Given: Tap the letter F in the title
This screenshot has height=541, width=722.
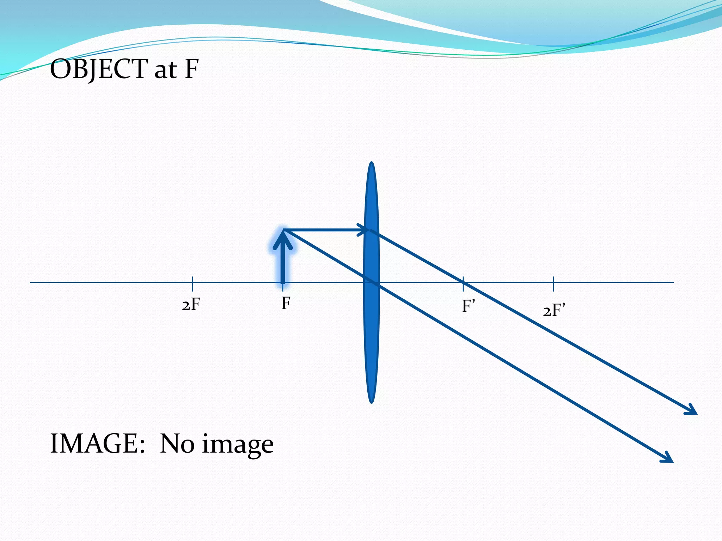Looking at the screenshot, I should (x=191, y=69).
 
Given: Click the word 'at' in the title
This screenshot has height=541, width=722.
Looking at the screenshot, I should (x=165, y=70).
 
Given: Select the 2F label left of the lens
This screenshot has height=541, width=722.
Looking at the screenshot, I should (x=191, y=304).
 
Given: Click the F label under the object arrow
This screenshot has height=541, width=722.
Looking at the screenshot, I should (x=286, y=303).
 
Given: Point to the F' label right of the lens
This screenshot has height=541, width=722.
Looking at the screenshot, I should (x=469, y=306).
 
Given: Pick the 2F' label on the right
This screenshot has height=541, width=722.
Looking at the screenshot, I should (x=554, y=311).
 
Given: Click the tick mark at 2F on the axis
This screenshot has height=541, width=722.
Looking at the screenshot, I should (x=192, y=284).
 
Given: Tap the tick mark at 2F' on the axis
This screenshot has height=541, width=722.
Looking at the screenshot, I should (x=553, y=284).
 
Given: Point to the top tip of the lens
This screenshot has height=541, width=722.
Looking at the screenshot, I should (x=372, y=163).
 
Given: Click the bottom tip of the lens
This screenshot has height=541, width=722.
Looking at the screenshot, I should (x=372, y=402).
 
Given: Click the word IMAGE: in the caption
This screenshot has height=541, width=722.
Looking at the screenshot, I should (x=98, y=443).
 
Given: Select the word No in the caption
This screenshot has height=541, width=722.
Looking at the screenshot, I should (x=177, y=443).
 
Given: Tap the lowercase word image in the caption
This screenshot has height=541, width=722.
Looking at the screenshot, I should (x=238, y=445).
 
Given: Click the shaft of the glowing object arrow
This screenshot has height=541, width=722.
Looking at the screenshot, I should (x=283, y=266).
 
